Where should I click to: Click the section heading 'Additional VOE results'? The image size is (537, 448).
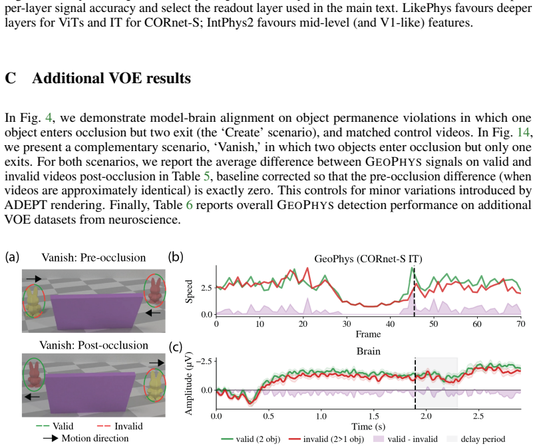coord(111,79)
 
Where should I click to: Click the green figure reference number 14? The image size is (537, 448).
coord(524,132)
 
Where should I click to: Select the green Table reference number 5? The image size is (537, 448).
coord(206,176)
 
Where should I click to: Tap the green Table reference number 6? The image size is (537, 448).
coord(190,205)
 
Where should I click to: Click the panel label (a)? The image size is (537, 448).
coord(12,256)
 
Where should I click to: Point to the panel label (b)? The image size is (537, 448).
coord(176,256)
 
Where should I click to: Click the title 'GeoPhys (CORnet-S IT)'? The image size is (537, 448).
coord(368,259)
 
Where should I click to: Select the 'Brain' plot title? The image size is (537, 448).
coord(368,351)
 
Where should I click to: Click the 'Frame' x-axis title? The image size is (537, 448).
coord(368,334)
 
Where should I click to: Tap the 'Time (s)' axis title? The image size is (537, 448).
coord(368,427)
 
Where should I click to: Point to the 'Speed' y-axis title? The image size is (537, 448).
coord(189,292)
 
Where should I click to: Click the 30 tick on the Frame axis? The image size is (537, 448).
coord(347,324)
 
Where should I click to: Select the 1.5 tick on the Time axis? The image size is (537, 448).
coord(374,416)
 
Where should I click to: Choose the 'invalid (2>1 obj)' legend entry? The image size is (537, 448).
coord(326,439)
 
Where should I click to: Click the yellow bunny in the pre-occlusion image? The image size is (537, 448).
coord(34,302)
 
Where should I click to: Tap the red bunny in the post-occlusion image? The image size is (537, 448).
coord(34,375)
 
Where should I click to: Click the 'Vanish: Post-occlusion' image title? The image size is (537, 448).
coord(94,345)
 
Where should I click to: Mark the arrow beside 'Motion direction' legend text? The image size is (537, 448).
coord(50,439)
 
